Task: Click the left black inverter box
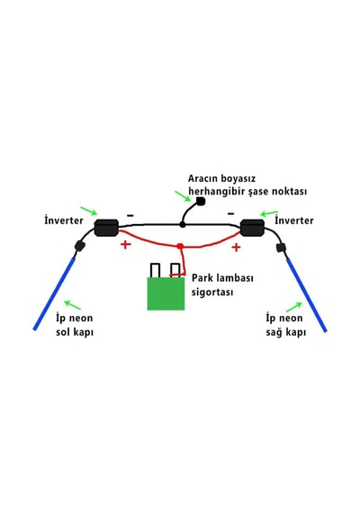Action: (106, 228)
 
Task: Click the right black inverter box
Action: (252, 228)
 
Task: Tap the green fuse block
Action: (166, 293)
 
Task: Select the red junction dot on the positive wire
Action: (180, 246)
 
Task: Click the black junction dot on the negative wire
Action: (183, 225)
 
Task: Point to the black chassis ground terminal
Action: (201, 202)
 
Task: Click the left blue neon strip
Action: (54, 293)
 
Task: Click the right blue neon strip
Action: (307, 295)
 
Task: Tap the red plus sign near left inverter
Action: (126, 245)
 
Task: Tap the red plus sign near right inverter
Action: (236, 247)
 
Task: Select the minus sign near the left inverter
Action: (130, 215)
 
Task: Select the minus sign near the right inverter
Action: (230, 214)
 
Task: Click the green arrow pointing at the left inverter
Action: (89, 211)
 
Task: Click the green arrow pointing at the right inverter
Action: (269, 213)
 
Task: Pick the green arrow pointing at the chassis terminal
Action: (183, 196)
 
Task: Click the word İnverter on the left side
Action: (64, 220)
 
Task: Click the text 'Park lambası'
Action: (222, 278)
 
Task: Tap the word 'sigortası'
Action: (212, 292)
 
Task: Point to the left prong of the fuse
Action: (155, 270)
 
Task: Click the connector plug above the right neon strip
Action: (281, 247)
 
